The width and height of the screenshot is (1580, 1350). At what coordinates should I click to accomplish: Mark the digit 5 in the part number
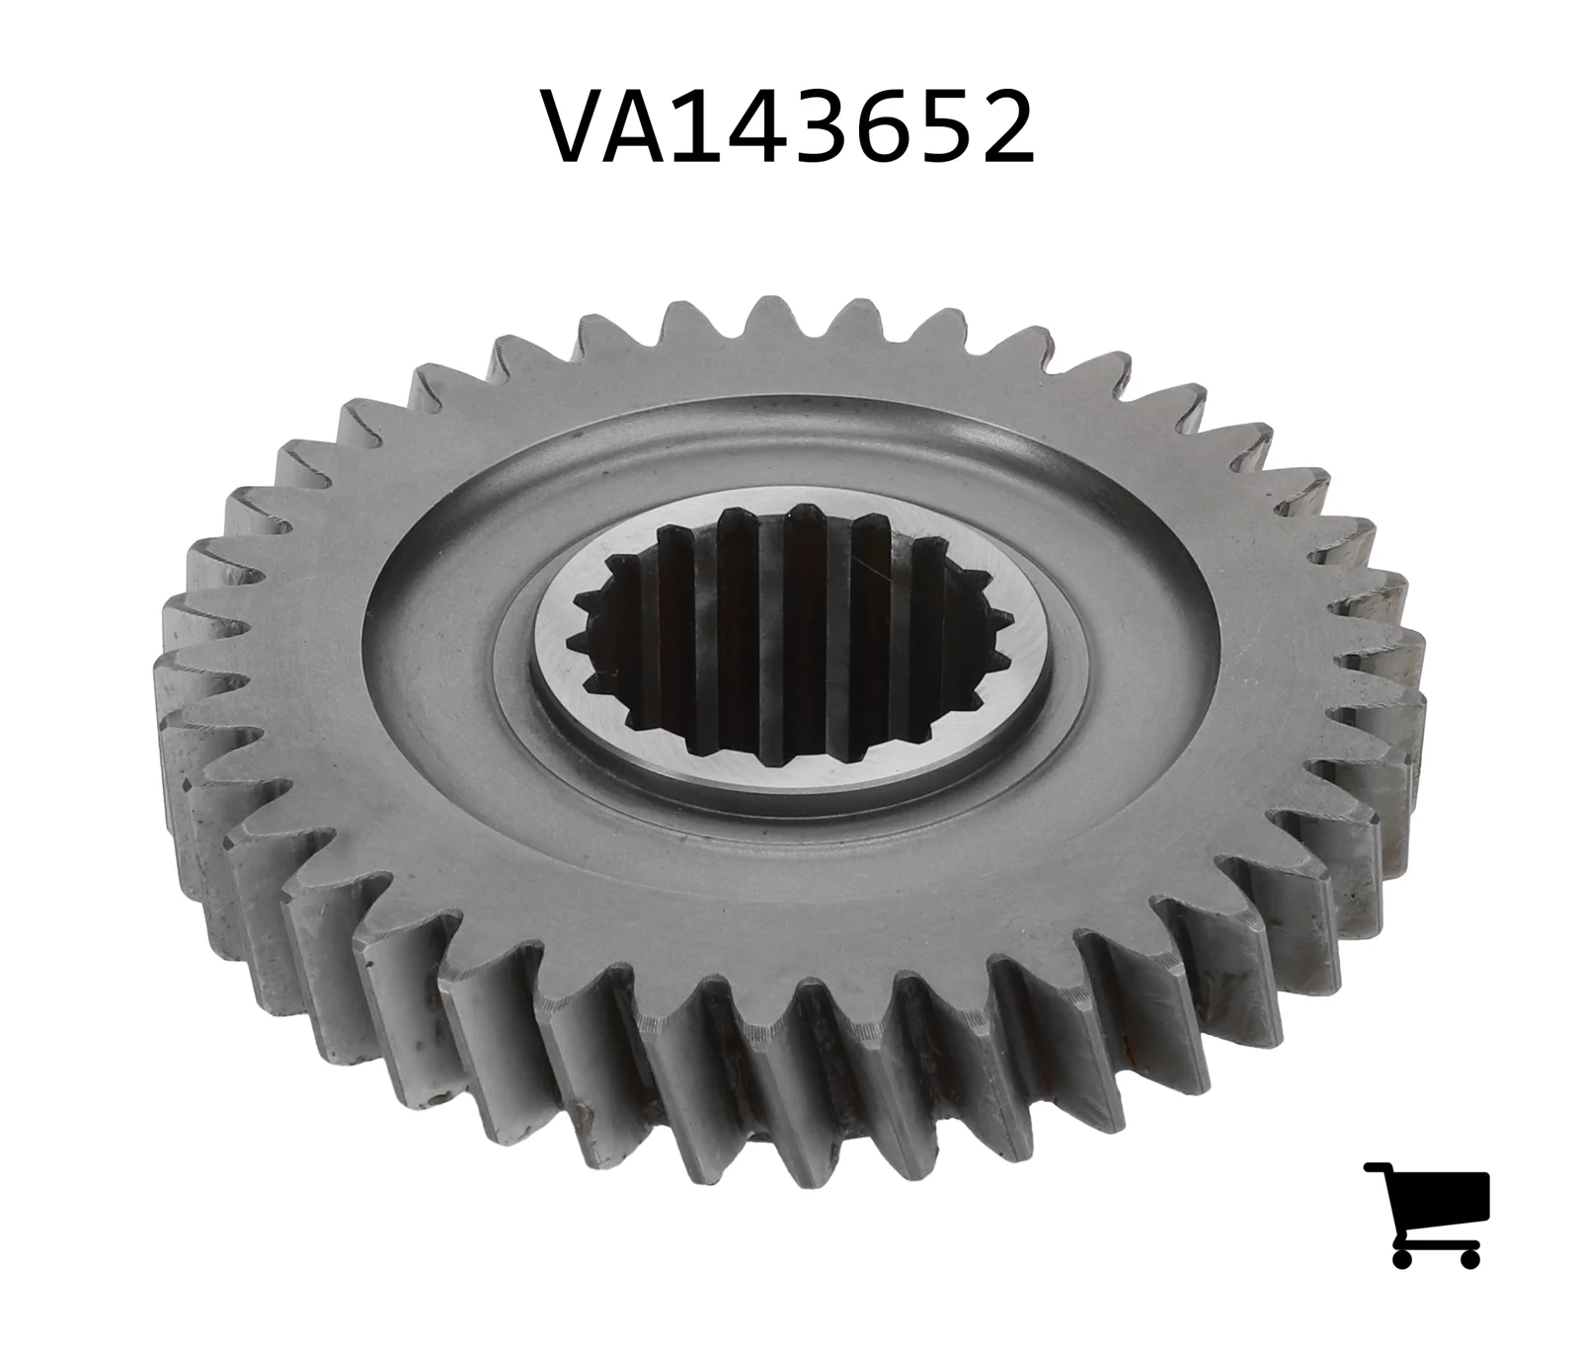(951, 126)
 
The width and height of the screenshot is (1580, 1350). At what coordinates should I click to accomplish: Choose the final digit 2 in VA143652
(1006, 126)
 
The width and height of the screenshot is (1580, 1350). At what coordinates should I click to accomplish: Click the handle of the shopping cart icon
(1379, 1169)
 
